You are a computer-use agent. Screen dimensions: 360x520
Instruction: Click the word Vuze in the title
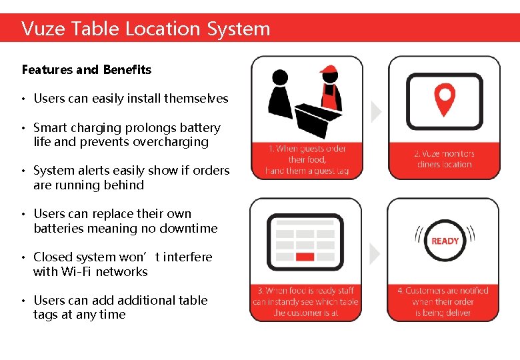[x=43, y=29]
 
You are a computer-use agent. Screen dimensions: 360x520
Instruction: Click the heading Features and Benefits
[x=87, y=70]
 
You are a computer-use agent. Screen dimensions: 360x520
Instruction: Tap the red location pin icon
[x=444, y=99]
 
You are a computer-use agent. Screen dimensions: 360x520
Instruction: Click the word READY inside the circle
[x=445, y=241]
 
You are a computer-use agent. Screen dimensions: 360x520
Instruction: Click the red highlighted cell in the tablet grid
[x=305, y=257]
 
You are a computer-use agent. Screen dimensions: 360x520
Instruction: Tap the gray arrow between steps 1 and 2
[x=376, y=112]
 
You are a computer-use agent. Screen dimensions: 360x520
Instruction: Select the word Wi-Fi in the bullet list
[x=77, y=272]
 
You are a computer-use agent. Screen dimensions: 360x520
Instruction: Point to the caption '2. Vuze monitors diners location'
[x=444, y=159]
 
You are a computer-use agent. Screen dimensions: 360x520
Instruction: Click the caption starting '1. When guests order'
[x=307, y=160]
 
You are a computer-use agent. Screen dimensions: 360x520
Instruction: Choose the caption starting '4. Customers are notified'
[x=443, y=301]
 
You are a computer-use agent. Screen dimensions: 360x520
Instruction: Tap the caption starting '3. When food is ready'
[x=305, y=301]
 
